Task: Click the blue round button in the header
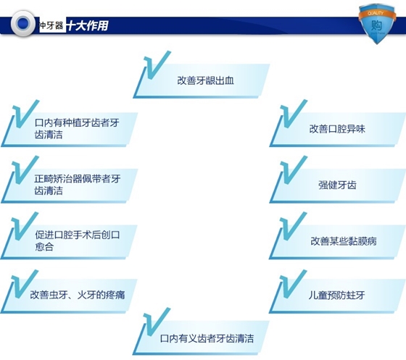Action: point(23,23)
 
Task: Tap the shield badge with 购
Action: point(377,24)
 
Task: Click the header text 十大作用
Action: point(88,25)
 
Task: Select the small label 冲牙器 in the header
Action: point(51,25)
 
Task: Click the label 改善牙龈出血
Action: point(206,80)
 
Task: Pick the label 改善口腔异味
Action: point(337,129)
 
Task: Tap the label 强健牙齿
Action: point(337,185)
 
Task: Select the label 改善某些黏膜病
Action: point(344,241)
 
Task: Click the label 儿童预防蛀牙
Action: point(337,295)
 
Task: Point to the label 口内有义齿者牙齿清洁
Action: point(207,338)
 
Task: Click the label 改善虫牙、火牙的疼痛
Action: point(78,295)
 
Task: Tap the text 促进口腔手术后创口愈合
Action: point(77,240)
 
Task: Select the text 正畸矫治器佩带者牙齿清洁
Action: point(77,185)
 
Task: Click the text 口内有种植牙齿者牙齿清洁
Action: point(77,128)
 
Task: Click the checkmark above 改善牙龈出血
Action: point(156,66)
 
